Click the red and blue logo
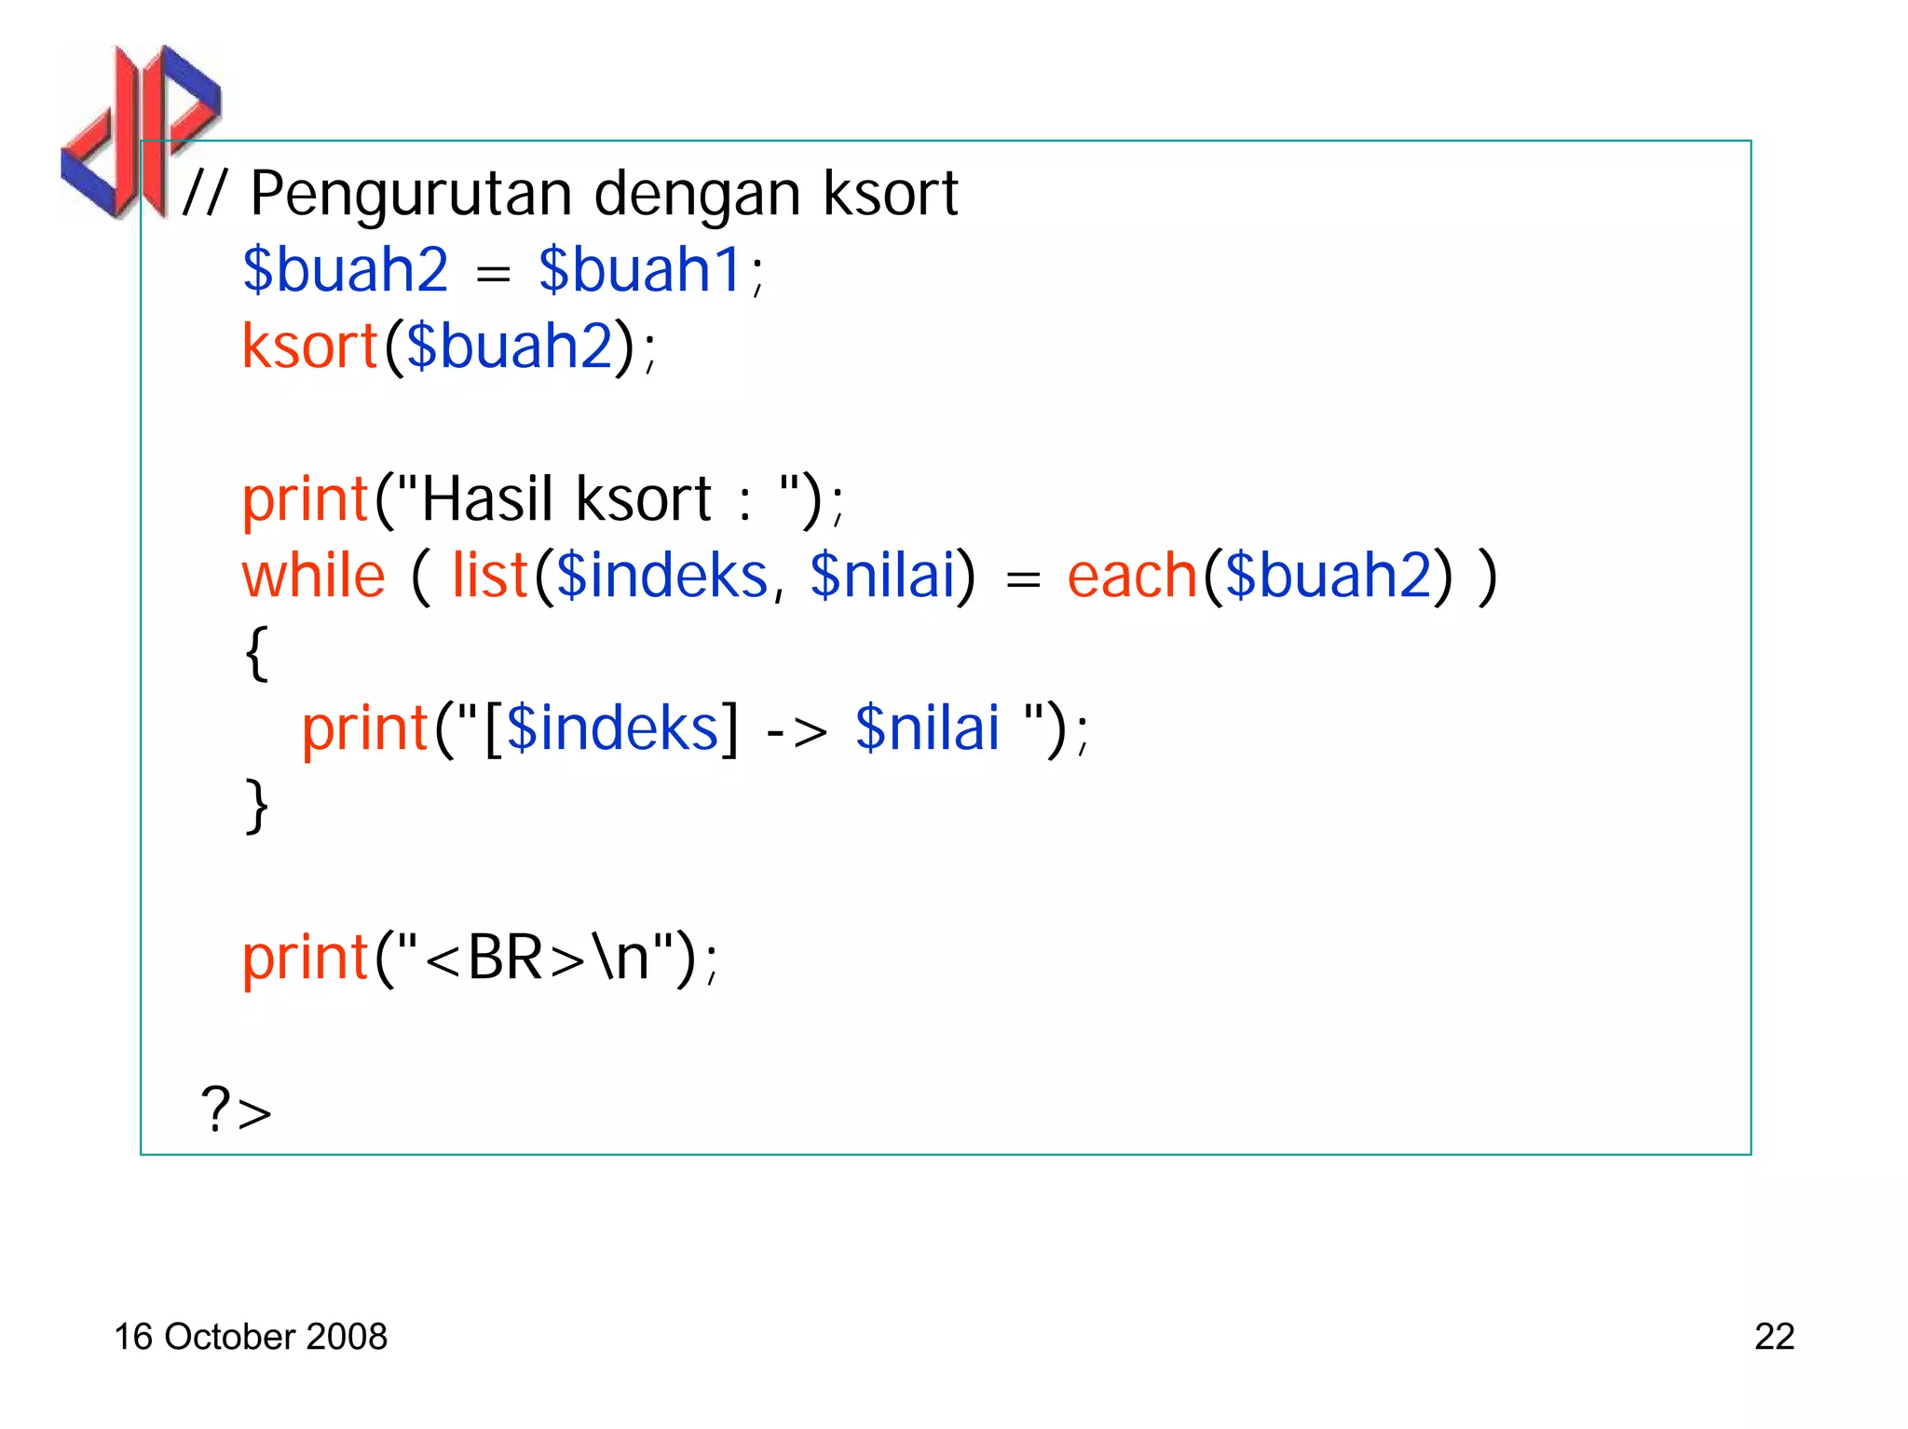[x=140, y=130]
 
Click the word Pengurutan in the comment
[x=410, y=196]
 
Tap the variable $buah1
[x=639, y=270]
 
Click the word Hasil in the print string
[x=487, y=499]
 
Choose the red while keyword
[x=313, y=576]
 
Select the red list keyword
[x=490, y=576]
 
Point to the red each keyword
[x=1132, y=576]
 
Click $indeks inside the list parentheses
[x=661, y=576]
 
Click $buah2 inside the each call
[x=1328, y=576]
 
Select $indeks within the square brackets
[x=612, y=728]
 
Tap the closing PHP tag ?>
[x=237, y=1110]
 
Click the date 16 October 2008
[x=250, y=1337]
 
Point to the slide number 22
[x=1774, y=1337]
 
